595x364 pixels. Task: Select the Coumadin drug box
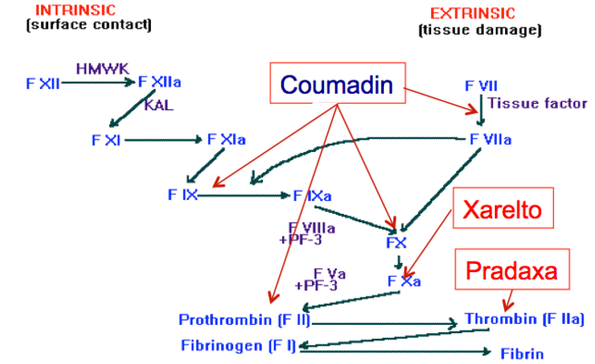click(336, 86)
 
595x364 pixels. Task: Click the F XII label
click(43, 83)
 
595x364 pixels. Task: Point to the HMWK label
click(96, 68)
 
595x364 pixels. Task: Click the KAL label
click(157, 105)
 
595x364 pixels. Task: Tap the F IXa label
click(311, 195)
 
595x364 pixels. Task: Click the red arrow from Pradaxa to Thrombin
click(507, 298)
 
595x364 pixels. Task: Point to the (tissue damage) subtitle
click(479, 29)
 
